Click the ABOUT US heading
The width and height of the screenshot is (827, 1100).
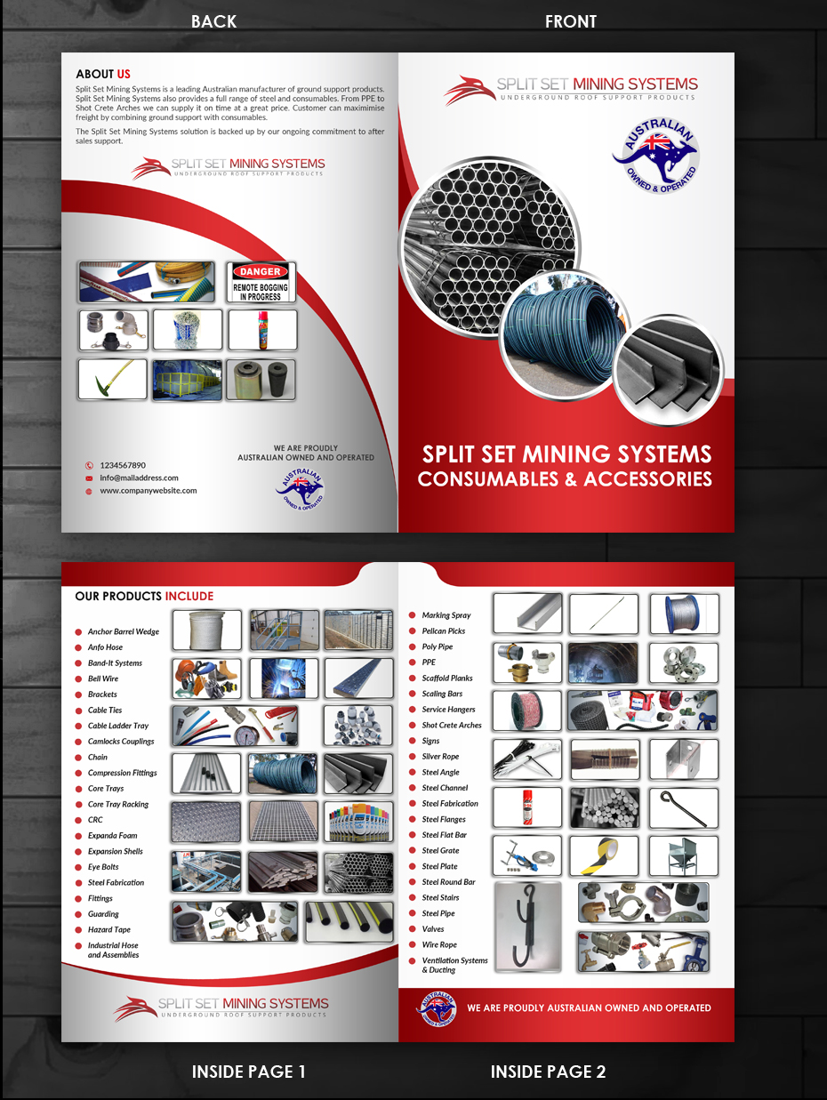103,74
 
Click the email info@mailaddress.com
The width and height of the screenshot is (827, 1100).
139,478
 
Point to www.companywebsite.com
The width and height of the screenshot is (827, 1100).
148,490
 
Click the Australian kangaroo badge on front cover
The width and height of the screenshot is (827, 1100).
656,157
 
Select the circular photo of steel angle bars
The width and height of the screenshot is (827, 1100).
669,366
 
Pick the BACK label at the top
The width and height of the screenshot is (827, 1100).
213,21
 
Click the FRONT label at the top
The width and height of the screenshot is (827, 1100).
570,21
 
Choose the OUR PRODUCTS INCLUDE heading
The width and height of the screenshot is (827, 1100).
144,596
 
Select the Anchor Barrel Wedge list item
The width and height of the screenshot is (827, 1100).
123,632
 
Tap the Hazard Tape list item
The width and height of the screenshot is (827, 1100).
108,930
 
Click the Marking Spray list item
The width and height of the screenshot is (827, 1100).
446,615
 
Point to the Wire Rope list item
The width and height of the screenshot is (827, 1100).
439,945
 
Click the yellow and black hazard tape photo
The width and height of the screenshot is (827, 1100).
604,855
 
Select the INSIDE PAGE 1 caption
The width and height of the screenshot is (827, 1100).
249,1072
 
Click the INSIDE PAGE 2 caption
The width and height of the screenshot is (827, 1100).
548,1072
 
